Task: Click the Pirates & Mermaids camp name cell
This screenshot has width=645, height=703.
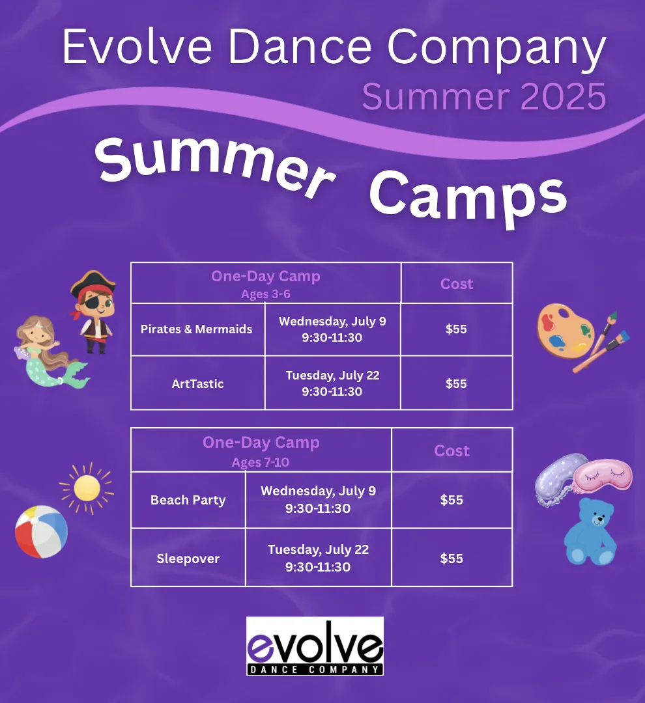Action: tap(197, 329)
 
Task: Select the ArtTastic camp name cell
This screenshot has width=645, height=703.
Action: tap(197, 383)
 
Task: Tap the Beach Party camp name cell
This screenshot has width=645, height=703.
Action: tap(188, 500)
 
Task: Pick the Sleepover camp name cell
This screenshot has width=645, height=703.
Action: tap(188, 558)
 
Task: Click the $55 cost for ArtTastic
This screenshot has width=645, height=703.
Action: tap(456, 383)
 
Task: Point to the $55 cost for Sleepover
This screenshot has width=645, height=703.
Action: tap(451, 558)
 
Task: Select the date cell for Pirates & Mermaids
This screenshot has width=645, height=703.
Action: tap(332, 329)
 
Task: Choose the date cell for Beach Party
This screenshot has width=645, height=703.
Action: tap(318, 500)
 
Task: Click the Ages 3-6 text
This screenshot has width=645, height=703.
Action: tap(266, 294)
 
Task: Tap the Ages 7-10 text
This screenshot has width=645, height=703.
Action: tap(261, 462)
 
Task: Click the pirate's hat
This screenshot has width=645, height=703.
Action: tap(93, 283)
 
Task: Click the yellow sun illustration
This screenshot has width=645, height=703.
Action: tap(87, 488)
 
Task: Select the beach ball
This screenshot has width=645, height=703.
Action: tap(41, 532)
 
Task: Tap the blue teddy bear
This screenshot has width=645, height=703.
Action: tap(590, 532)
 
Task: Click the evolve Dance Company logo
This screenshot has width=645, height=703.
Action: tap(315, 646)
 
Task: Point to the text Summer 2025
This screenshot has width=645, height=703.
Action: tap(484, 96)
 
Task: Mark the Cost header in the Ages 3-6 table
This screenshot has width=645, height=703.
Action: tap(457, 284)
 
